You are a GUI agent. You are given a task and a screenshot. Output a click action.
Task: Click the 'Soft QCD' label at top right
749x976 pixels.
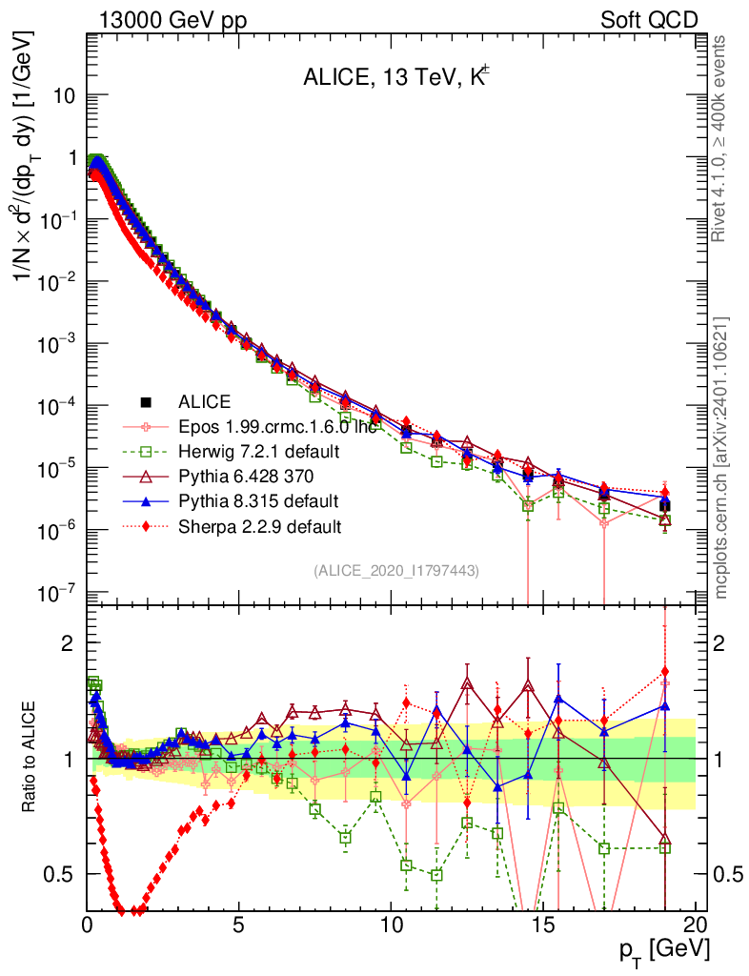coord(649,20)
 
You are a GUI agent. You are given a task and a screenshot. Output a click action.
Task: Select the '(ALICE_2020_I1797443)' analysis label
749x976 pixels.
coord(396,570)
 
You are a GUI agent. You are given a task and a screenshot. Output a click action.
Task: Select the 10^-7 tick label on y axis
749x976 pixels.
coord(59,594)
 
